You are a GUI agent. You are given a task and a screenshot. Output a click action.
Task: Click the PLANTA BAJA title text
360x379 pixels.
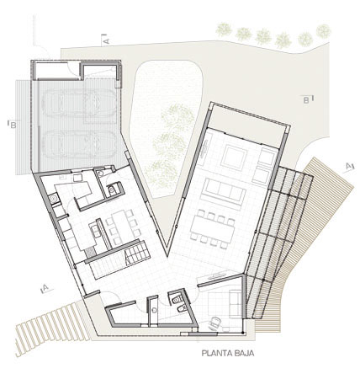[x=228, y=353]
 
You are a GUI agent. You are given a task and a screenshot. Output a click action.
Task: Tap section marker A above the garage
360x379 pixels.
[x=106, y=40]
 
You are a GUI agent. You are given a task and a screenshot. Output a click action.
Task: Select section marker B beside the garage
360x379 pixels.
[x=12, y=125]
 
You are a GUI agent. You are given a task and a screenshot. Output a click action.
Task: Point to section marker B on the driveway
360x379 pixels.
[x=308, y=99]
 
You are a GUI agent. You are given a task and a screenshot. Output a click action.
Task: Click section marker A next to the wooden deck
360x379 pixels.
[x=348, y=166]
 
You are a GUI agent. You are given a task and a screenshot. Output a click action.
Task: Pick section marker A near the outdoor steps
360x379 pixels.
[x=46, y=288]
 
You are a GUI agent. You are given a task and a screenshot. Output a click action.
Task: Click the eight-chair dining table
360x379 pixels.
[x=213, y=229]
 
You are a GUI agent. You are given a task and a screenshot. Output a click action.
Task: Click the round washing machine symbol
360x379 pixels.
[x=53, y=199]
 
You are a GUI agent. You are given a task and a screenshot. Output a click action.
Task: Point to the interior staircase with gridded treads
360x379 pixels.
[x=136, y=253]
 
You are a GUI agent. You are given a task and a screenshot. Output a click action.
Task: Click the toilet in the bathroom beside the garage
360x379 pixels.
[x=113, y=189]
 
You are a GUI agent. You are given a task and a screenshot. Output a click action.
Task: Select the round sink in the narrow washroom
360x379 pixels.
[x=154, y=310]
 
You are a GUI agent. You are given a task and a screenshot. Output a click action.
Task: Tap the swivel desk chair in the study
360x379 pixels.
[x=214, y=323]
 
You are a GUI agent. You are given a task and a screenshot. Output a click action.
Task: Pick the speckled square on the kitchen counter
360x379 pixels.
[x=90, y=253]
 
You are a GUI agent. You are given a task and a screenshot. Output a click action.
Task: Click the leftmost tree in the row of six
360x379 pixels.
[x=224, y=29]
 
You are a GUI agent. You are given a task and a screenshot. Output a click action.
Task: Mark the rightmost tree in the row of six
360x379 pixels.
[x=324, y=31]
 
